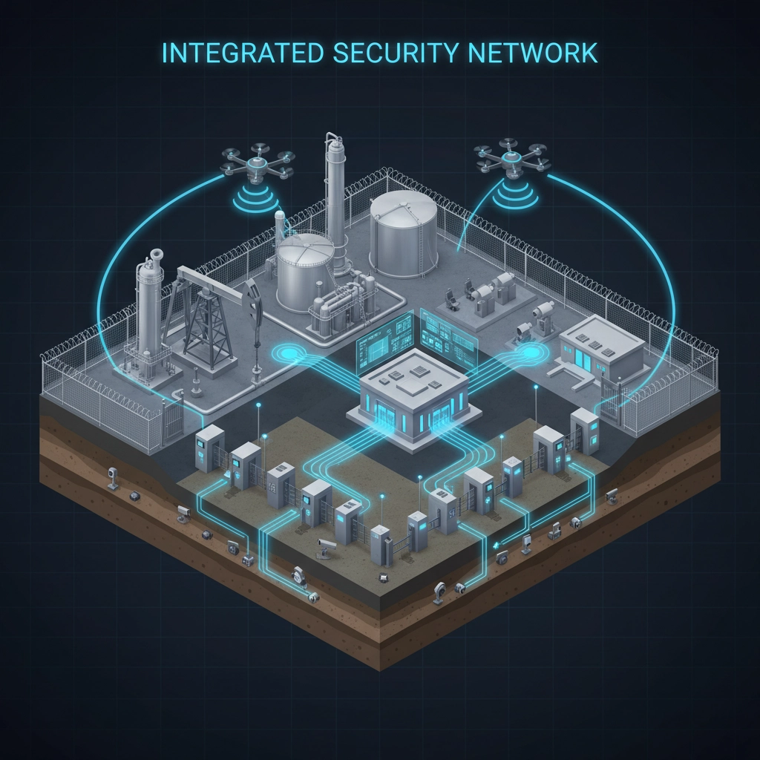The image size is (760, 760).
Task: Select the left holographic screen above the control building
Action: pos(384,338)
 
